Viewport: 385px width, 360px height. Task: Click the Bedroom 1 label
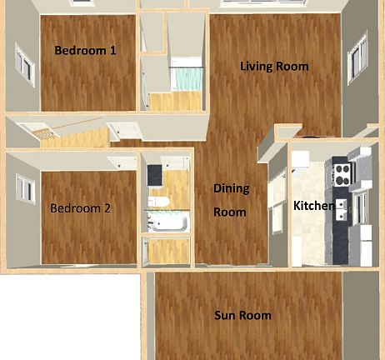tap(85, 51)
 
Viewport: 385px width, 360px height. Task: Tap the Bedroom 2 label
tap(80, 208)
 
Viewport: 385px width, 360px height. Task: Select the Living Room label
tap(274, 67)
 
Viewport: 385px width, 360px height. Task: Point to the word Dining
tap(231, 189)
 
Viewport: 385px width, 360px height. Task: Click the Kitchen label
tap(314, 206)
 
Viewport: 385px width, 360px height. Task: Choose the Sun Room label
tap(242, 315)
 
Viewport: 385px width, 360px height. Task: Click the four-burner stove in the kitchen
tap(343, 175)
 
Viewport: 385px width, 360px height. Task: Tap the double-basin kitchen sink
tap(341, 210)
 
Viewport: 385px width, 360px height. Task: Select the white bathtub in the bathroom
tap(168, 222)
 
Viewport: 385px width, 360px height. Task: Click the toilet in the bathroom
tap(157, 202)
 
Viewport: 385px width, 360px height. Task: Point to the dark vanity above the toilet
tap(154, 176)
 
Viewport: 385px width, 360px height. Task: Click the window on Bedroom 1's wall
tap(25, 65)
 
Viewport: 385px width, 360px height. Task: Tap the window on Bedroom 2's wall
tap(26, 189)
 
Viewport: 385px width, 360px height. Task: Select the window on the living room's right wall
tap(357, 59)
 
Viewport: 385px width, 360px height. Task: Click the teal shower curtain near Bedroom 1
tap(187, 79)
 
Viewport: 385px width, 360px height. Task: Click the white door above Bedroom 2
tap(122, 162)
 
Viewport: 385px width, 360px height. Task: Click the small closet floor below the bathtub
tap(168, 252)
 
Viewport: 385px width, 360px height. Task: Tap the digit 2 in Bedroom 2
tap(107, 208)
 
